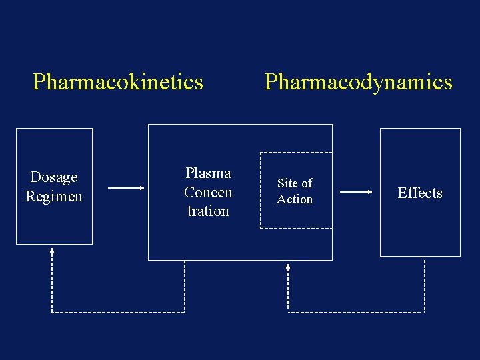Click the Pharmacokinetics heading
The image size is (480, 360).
(118, 82)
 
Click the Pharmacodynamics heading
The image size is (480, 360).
(358, 82)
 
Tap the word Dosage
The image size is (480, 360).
(54, 177)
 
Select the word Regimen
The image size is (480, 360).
(54, 197)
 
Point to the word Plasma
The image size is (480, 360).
(208, 173)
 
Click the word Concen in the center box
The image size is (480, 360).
(208, 193)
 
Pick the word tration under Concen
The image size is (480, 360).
(208, 211)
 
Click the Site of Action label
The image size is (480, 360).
(295, 191)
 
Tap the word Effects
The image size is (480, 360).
(420, 193)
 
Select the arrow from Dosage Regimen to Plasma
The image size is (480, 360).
(125, 189)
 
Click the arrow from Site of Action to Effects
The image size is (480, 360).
(356, 192)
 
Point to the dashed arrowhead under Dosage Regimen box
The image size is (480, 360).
(52, 251)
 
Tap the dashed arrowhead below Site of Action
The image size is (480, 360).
(288, 267)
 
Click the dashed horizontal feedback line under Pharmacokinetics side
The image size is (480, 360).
(118, 311)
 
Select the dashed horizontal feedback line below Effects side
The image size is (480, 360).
(356, 311)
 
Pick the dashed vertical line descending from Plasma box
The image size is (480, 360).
(184, 285)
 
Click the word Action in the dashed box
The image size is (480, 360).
(295, 199)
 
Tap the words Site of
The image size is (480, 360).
(295, 183)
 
